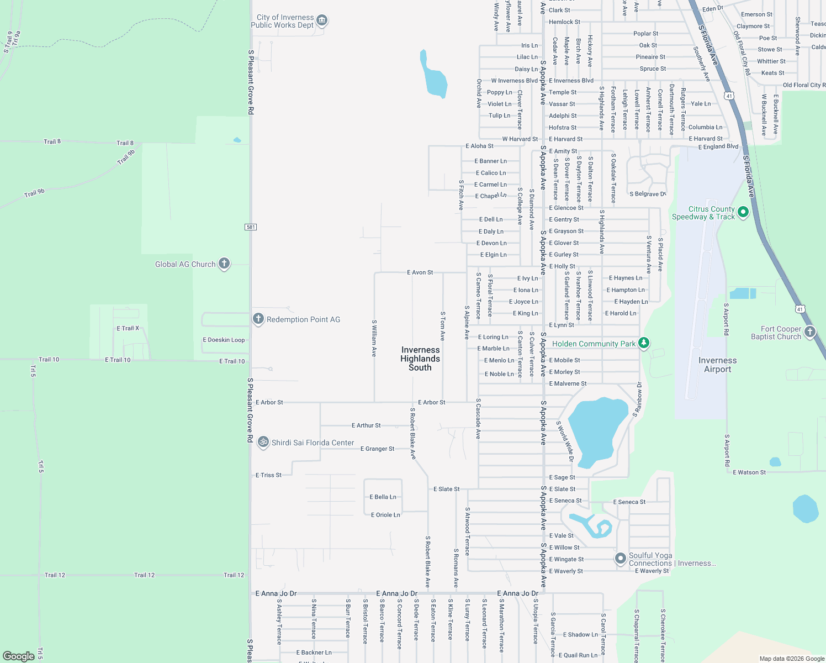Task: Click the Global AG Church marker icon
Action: pos(224,264)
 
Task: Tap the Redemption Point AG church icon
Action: pos(258,319)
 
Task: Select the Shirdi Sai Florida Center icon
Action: pos(263,442)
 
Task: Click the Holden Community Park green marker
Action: pos(643,343)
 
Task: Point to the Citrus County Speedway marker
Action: pos(743,212)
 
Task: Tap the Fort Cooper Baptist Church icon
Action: pos(809,331)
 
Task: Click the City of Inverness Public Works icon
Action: pos(322,21)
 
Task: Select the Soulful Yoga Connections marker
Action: pos(621,559)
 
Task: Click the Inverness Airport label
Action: pos(717,365)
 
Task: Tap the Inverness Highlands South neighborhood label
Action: pos(420,359)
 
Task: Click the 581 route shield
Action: pos(251,227)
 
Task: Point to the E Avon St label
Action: pos(420,272)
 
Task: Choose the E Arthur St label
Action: pos(366,425)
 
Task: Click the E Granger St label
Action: pos(377,449)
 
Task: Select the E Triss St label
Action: pos(268,475)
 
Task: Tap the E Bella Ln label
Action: pos(383,497)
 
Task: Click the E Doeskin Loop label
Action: pos(224,340)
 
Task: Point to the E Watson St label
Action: pos(749,472)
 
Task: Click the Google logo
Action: pos(19,656)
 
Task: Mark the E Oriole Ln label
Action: pos(385,515)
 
